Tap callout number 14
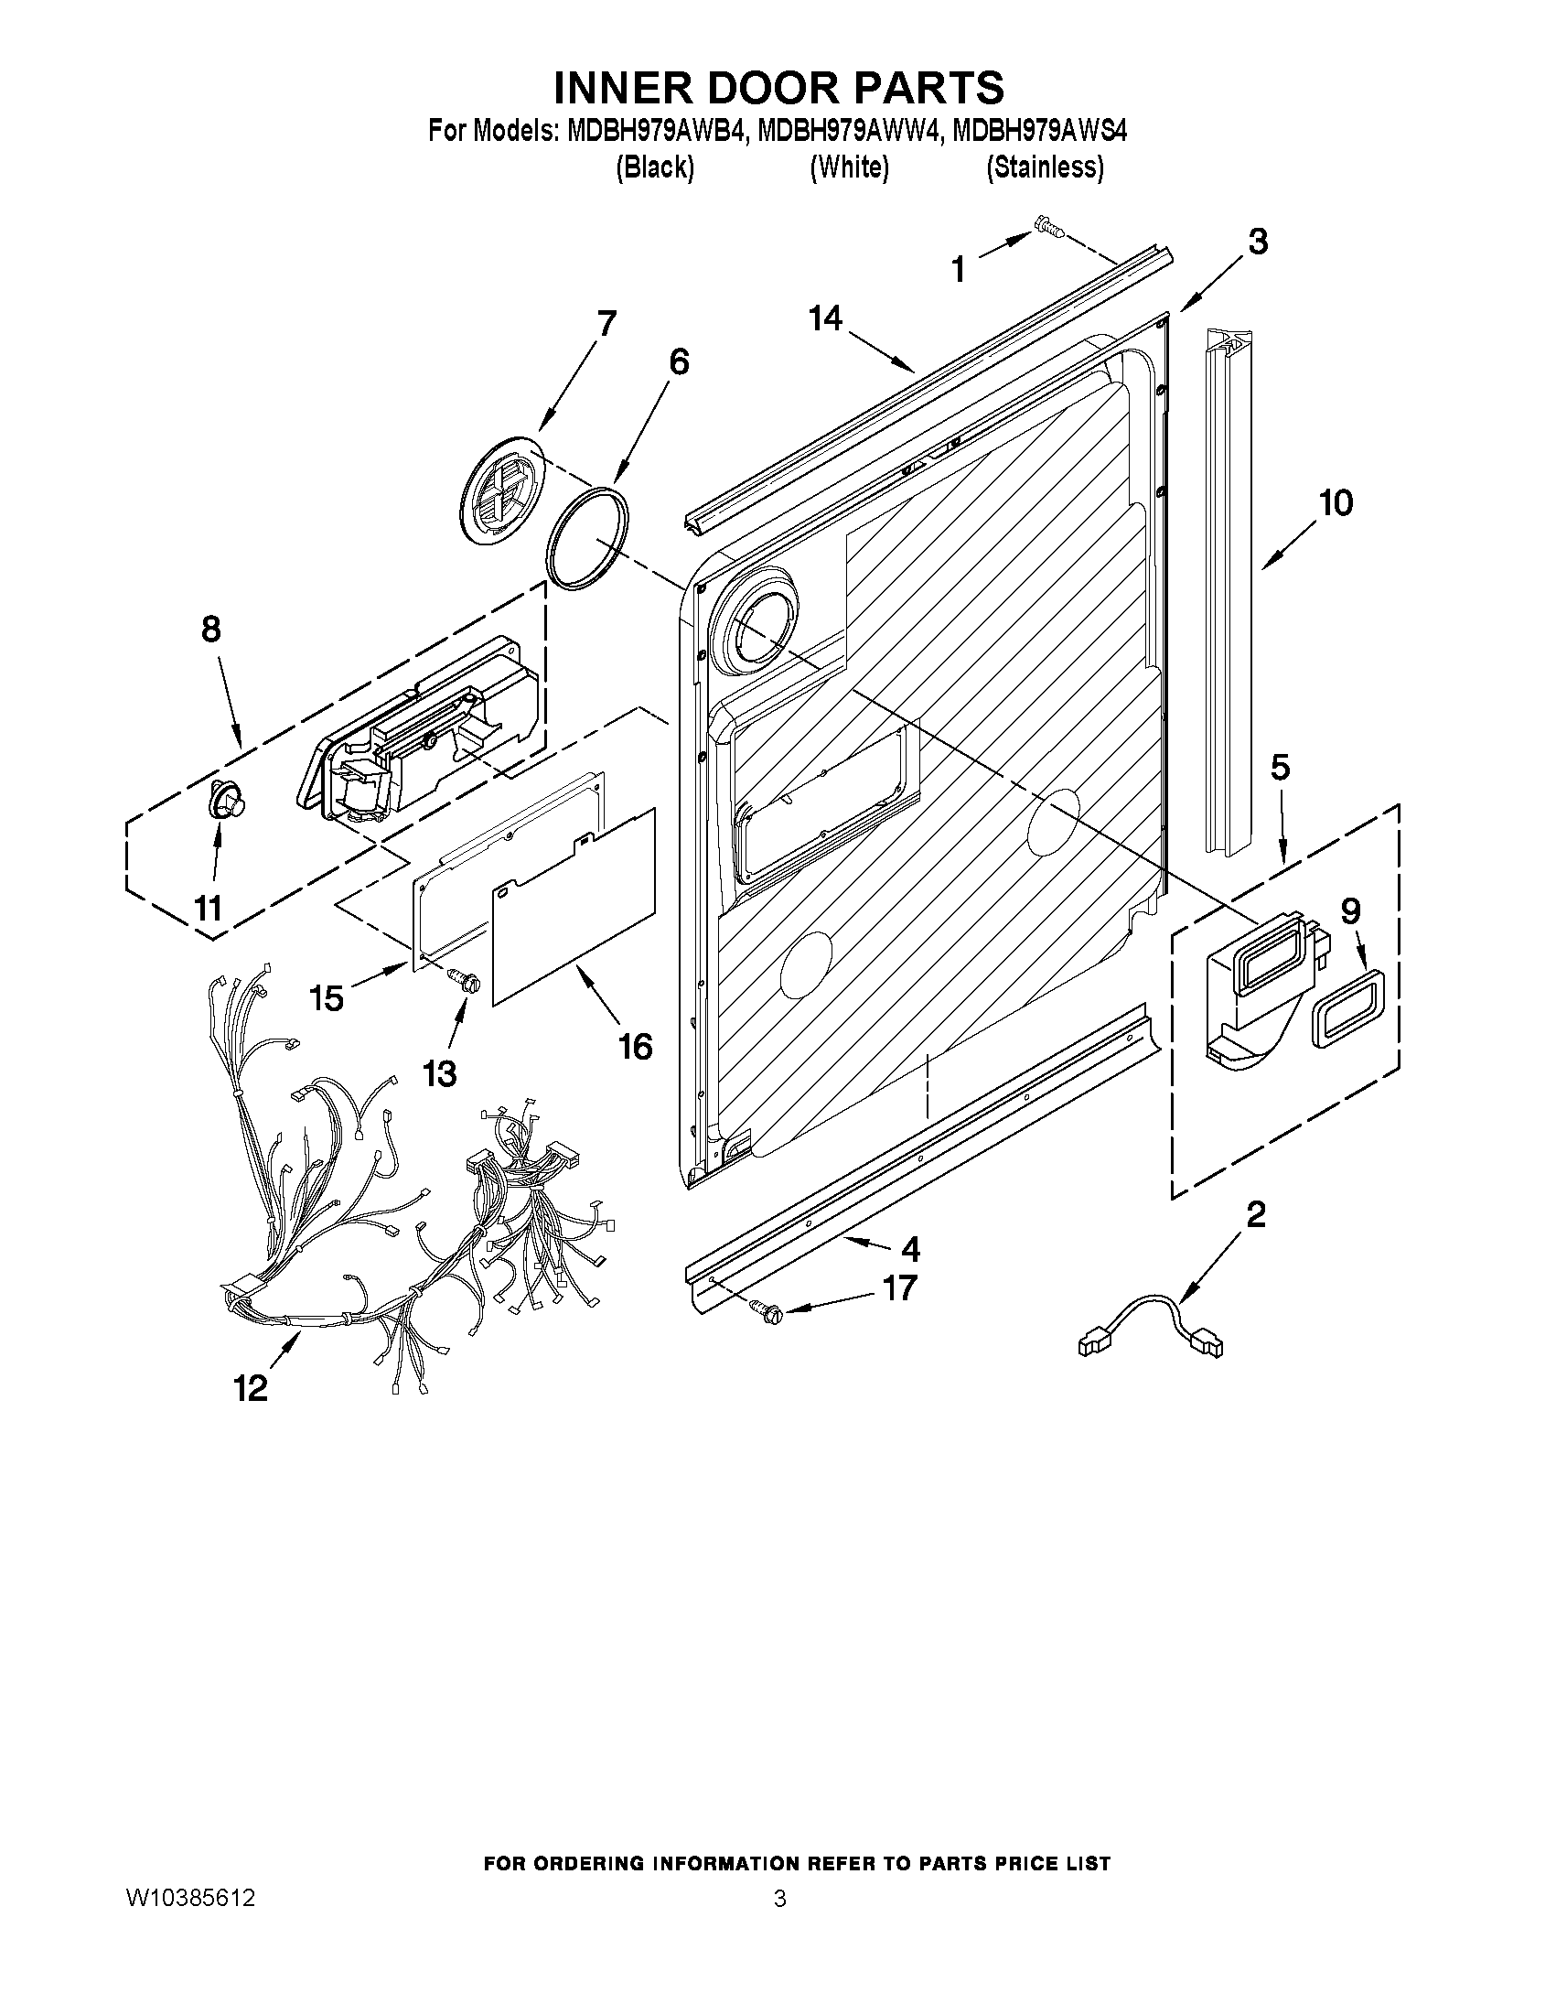click(x=826, y=319)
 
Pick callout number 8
click(x=211, y=629)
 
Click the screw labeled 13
click(x=462, y=978)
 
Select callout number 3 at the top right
click(x=1258, y=242)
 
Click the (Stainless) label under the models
click(x=1045, y=167)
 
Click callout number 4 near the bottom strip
click(x=910, y=1250)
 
